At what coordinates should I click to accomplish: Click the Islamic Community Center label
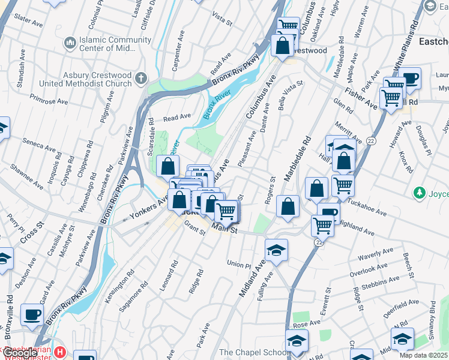click(x=115, y=44)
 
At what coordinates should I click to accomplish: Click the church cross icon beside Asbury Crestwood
click(x=141, y=79)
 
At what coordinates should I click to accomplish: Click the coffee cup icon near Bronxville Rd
click(x=32, y=314)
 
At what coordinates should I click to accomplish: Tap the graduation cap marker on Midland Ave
click(x=276, y=250)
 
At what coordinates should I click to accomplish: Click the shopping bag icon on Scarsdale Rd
click(x=168, y=166)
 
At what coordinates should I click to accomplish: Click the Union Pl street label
click(x=238, y=263)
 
